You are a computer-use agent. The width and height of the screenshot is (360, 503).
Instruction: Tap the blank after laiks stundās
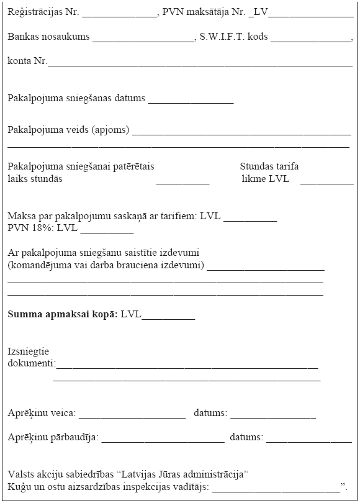(182, 182)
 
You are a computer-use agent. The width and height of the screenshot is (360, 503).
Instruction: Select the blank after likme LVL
(326, 182)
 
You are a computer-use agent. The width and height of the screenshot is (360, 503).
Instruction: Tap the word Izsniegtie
(29, 351)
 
